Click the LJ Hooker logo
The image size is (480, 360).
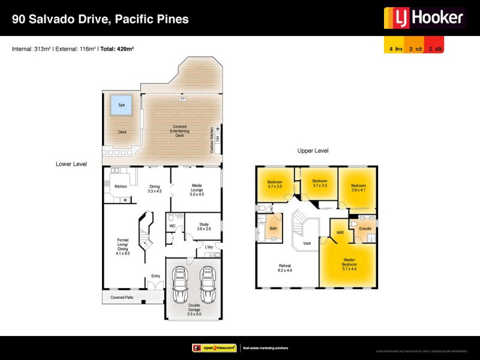[425, 17]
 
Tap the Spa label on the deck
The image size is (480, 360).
[121, 105]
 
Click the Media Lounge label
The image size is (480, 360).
[197, 190]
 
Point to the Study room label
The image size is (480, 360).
[204, 226]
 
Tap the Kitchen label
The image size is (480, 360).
[121, 187]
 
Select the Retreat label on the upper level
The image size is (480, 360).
[284, 268]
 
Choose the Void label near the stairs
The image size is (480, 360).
[307, 243]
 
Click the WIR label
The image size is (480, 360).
[340, 232]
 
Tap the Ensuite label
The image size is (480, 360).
[365, 229]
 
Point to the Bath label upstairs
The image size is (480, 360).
[273, 229]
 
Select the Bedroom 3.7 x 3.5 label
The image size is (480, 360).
[275, 184]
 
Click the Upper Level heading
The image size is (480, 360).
[313, 151]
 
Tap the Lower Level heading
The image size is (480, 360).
[71, 163]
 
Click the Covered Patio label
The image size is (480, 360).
[122, 296]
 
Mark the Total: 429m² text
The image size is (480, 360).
[117, 49]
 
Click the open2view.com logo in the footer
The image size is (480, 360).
[214, 348]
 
